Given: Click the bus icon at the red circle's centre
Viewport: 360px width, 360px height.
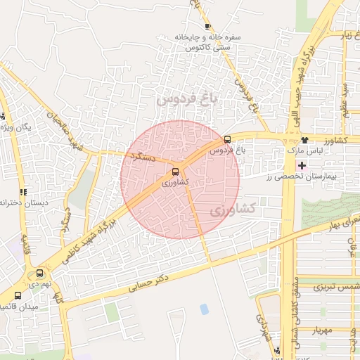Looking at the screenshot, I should (175, 171).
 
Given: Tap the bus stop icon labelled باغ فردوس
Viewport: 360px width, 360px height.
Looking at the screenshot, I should (227, 139).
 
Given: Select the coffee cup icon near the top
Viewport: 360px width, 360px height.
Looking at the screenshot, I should (207, 26).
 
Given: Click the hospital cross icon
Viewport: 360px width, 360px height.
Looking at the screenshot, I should (302, 166).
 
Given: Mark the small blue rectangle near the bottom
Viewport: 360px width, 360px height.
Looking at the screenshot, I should (204, 309).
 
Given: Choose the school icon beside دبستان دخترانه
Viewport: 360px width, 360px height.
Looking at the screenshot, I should (24, 191).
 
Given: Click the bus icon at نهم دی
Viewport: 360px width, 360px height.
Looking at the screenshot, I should (39, 274).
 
